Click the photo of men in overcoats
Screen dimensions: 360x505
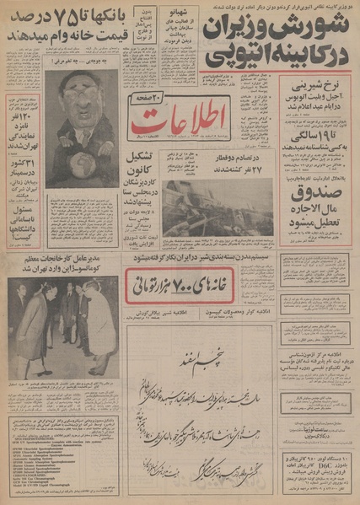(62, 331)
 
